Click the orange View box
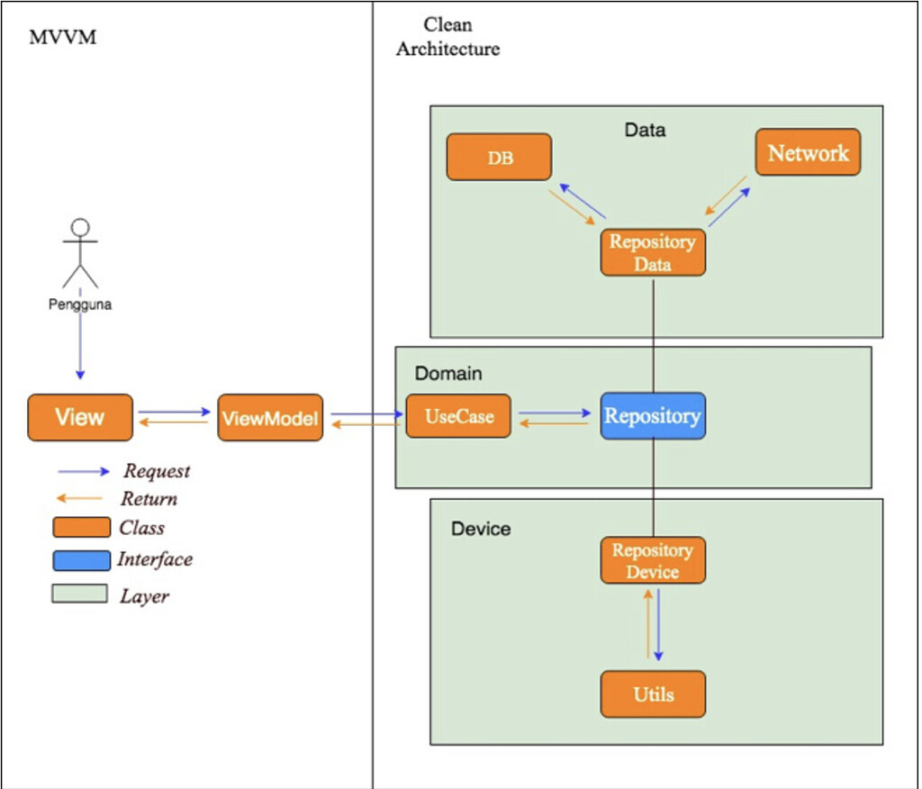click(80, 417)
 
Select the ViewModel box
click(270, 417)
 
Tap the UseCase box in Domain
click(458, 416)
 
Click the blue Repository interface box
click(653, 416)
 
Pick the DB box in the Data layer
click(500, 158)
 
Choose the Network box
click(808, 153)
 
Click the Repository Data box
click(653, 252)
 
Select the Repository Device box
click(653, 560)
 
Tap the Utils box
click(653, 694)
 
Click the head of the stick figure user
click(81, 226)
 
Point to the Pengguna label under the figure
click(80, 304)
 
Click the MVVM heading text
click(63, 38)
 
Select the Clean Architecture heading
click(447, 37)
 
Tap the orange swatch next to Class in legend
click(81, 528)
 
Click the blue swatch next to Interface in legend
click(81, 560)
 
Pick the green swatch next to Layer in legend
click(81, 594)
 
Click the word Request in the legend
click(157, 471)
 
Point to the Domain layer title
click(448, 373)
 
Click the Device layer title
click(481, 529)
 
